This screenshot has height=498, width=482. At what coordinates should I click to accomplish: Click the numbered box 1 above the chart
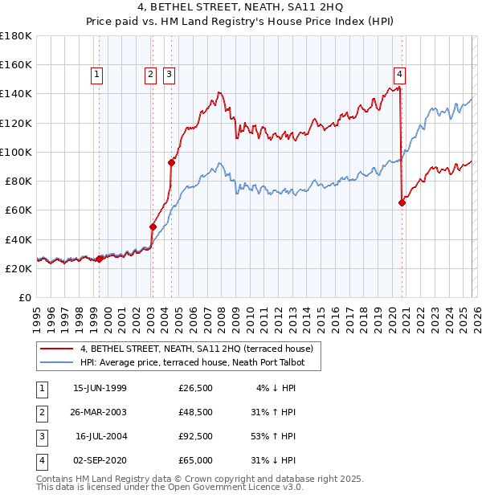click(x=96, y=76)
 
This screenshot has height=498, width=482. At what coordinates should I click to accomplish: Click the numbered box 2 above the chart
click(x=150, y=76)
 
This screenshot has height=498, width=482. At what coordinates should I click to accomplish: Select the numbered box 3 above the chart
click(x=170, y=76)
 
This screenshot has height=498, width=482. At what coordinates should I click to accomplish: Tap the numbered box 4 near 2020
click(x=399, y=76)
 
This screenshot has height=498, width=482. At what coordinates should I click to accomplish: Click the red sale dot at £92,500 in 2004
click(x=171, y=162)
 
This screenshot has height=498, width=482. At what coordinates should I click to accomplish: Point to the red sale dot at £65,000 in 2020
click(x=402, y=202)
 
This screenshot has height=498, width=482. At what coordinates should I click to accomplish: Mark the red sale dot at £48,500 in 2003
click(x=153, y=227)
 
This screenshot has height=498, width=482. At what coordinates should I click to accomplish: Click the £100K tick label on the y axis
click(x=16, y=152)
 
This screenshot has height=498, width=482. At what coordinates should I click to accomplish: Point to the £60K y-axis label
click(x=18, y=210)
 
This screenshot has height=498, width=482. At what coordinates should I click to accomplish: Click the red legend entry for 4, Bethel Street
click(x=201, y=349)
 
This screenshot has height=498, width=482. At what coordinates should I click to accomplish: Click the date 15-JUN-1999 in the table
click(x=100, y=389)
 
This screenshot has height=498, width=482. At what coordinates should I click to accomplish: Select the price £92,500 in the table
click(x=195, y=437)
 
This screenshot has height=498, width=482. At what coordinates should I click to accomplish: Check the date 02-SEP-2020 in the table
click(x=100, y=460)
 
